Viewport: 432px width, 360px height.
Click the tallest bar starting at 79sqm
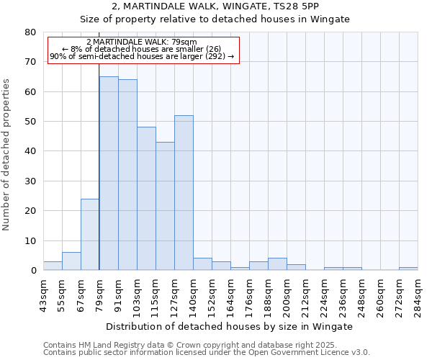point(109,173)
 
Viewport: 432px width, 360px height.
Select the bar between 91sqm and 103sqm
point(127,174)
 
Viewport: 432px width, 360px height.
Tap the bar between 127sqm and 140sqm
point(184,192)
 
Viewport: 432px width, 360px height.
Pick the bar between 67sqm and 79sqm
point(90,234)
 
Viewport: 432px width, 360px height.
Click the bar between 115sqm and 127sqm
point(165,206)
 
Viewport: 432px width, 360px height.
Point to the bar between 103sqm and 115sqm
point(146,199)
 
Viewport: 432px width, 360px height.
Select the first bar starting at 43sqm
point(53,266)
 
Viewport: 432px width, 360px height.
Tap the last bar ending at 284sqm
point(408,269)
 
